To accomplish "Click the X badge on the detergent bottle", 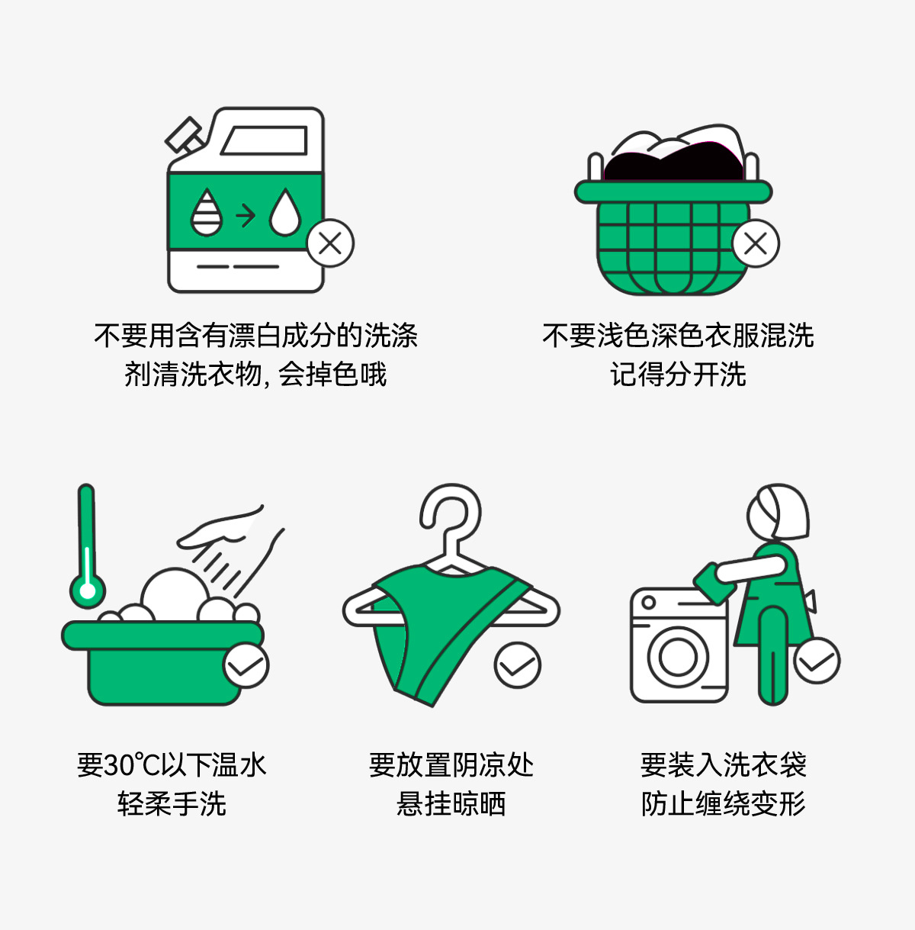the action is pyautogui.click(x=330, y=243).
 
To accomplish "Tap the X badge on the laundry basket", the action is pyautogui.click(x=756, y=243).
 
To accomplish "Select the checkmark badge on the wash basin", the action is pyautogui.click(x=246, y=665).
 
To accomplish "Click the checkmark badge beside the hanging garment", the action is pyautogui.click(x=518, y=665).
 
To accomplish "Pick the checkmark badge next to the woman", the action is pyautogui.click(x=817, y=660).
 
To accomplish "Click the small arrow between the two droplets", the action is pyautogui.click(x=246, y=215).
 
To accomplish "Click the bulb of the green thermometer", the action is pyautogui.click(x=87, y=591).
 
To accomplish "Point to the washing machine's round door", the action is pyautogui.click(x=678, y=657).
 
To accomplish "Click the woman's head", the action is pyautogui.click(x=778, y=512).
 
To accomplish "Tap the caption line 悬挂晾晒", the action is pyautogui.click(x=451, y=803).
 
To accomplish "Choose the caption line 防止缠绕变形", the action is pyautogui.click(x=723, y=803).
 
